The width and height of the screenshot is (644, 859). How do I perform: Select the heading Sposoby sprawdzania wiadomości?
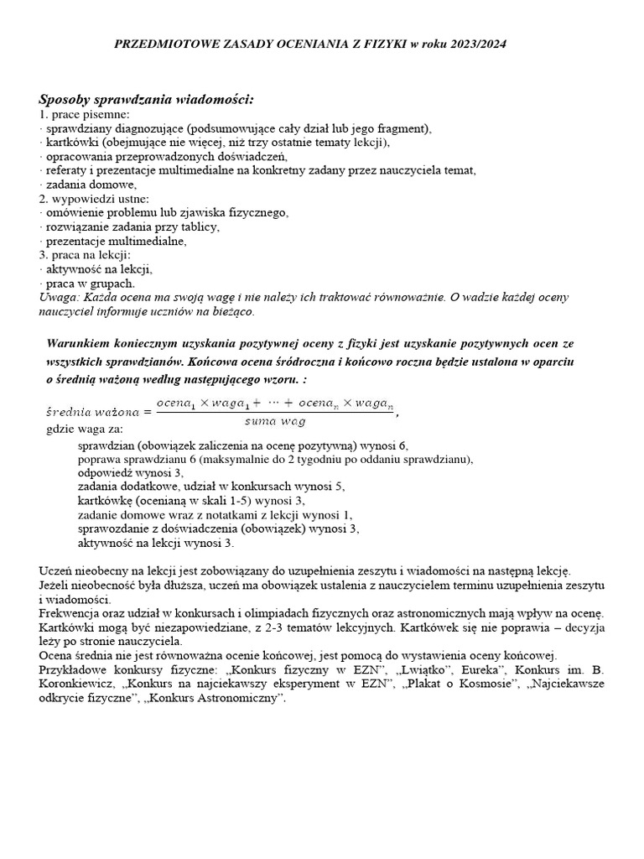(146, 100)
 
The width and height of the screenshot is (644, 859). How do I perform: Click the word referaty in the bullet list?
(67, 170)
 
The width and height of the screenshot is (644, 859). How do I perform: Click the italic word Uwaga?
(58, 298)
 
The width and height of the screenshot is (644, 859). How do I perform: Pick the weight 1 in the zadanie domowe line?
(347, 515)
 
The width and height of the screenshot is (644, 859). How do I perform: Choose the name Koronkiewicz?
(79, 685)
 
